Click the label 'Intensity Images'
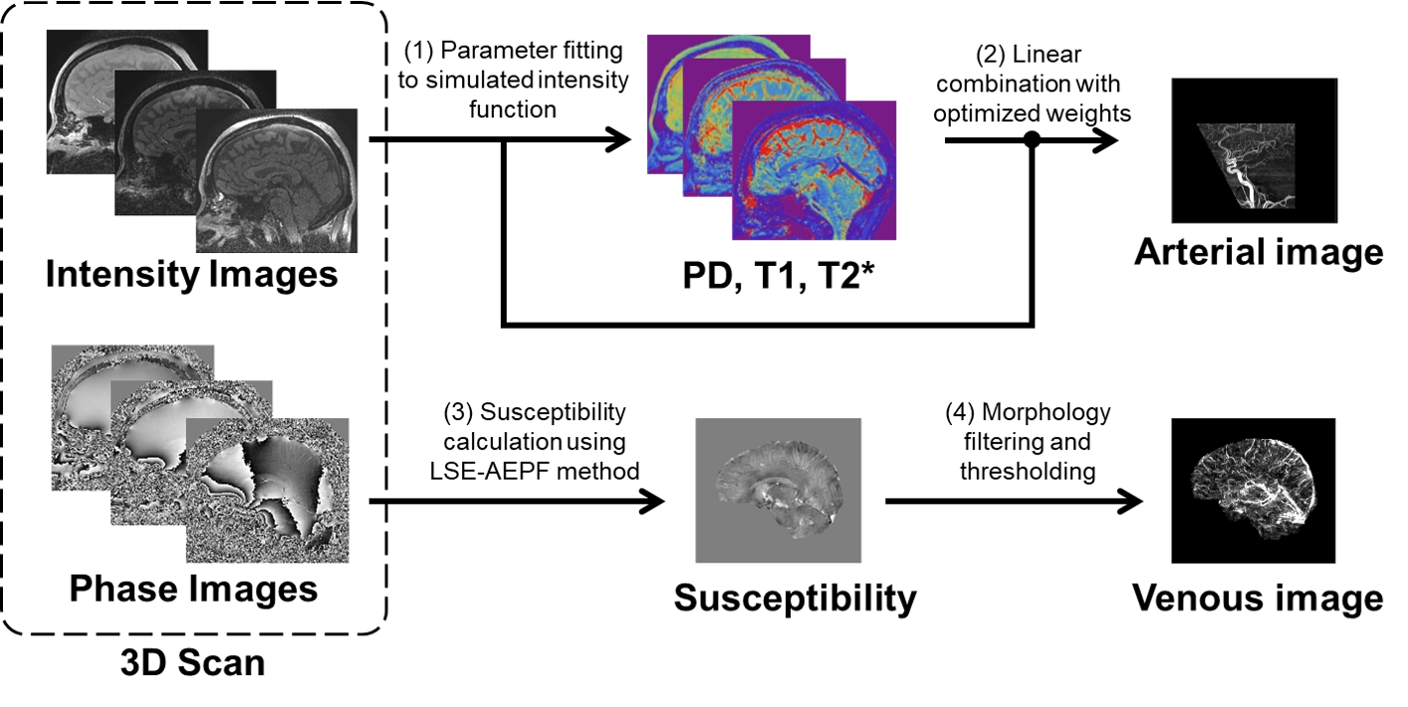tap(192, 274)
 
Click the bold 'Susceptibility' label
tap(795, 597)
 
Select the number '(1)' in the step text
tap(416, 51)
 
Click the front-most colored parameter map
tap(814, 169)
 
